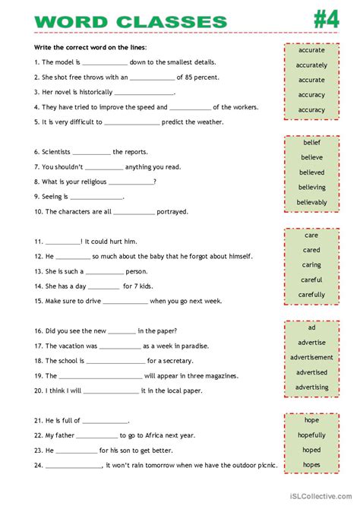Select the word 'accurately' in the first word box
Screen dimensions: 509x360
(311, 65)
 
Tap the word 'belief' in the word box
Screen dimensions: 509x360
(311, 142)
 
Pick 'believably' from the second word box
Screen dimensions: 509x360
(311, 202)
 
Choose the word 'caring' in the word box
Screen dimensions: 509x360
(311, 265)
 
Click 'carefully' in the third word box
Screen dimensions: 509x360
(311, 295)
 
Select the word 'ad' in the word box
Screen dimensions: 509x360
(311, 327)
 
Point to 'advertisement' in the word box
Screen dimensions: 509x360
(311, 357)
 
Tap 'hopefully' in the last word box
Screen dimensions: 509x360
(311, 435)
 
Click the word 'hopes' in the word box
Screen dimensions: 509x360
(311, 465)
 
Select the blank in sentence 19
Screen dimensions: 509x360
(100, 377)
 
